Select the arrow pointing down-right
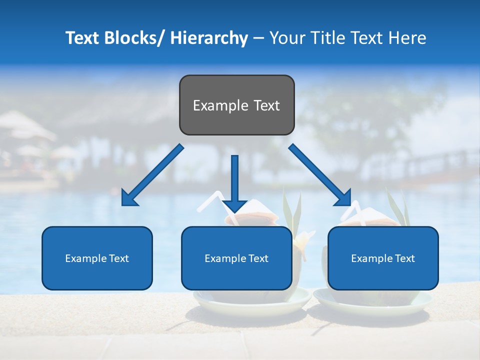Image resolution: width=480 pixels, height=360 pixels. pos(318,173)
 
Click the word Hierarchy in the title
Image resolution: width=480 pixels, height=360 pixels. pos(209,38)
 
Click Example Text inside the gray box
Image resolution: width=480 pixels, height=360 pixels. pos(236,105)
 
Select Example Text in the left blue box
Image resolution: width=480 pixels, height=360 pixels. pos(97,258)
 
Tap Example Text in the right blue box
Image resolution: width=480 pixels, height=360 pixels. pos(383,258)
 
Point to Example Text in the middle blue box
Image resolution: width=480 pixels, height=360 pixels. pos(236,258)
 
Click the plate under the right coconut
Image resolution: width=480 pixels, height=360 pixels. pos(372,302)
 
